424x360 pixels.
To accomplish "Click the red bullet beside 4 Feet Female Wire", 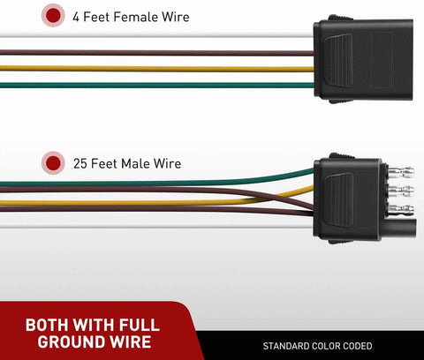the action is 53,15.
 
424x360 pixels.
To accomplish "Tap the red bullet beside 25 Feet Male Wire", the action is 53,163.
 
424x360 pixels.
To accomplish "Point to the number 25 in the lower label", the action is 80,164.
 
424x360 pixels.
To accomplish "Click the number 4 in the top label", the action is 76,17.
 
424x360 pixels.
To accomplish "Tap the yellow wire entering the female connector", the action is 156,69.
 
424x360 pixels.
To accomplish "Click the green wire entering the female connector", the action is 156,86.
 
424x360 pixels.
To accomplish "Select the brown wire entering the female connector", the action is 156,53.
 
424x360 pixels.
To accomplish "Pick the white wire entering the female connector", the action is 156,35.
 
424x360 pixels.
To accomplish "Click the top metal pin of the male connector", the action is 401,171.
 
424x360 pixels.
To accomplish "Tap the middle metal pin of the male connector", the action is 401,191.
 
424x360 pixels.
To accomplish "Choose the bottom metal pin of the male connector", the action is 401,210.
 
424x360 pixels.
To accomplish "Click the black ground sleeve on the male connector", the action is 399,227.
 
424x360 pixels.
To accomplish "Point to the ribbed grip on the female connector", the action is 338,60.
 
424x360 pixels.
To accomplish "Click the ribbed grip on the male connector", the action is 338,199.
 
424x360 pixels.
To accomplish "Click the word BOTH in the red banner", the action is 47,325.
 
